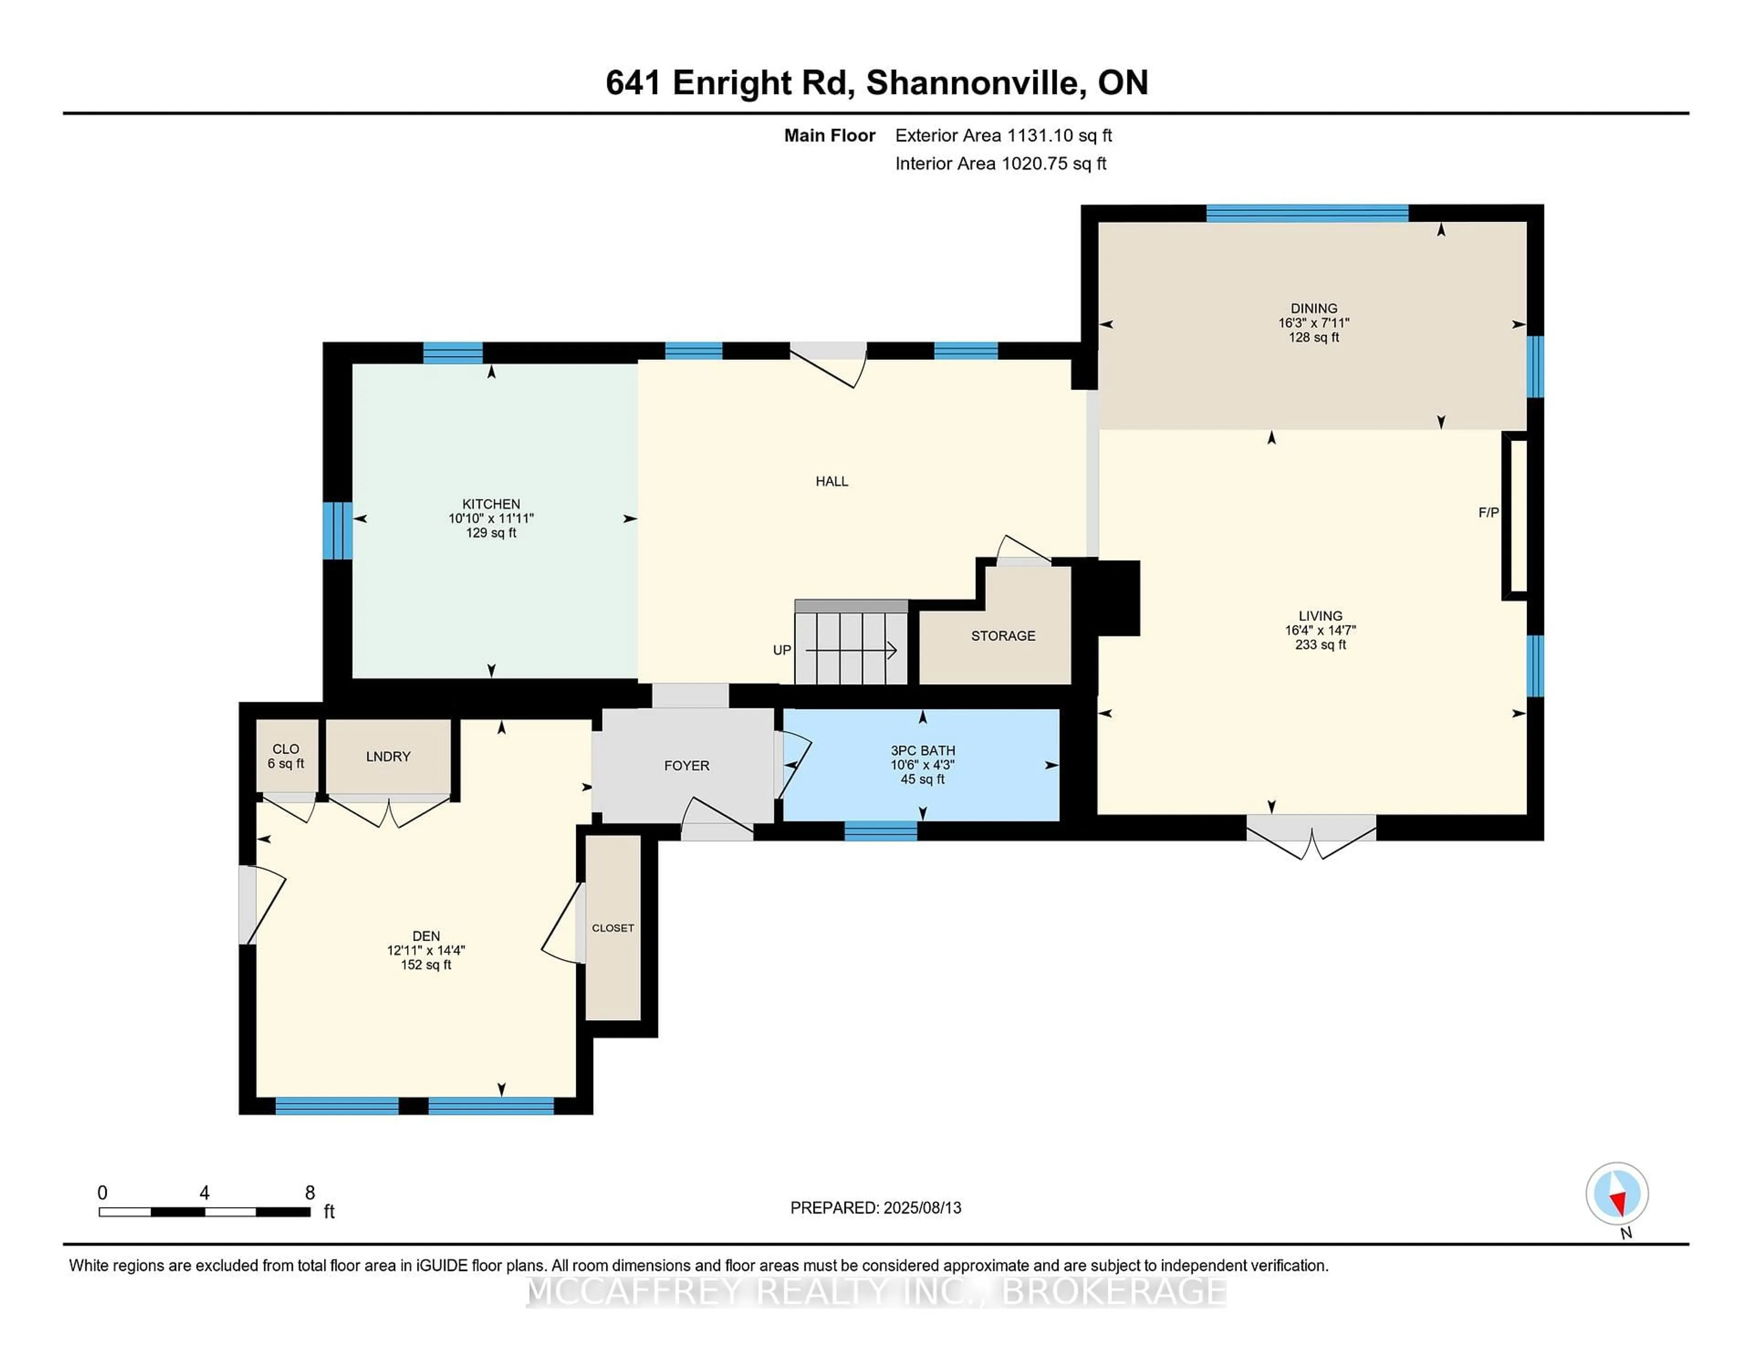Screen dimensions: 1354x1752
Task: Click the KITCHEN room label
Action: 491,504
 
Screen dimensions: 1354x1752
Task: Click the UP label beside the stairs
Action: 782,650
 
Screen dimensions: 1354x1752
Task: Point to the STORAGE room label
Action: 1003,635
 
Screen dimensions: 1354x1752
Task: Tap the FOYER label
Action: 687,765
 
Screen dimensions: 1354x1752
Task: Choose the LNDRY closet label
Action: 388,756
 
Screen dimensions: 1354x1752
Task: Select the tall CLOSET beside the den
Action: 613,928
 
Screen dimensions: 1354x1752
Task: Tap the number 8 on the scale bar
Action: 310,1193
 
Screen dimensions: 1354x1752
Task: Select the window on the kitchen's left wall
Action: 337,530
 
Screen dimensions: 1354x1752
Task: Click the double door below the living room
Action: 1311,834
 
